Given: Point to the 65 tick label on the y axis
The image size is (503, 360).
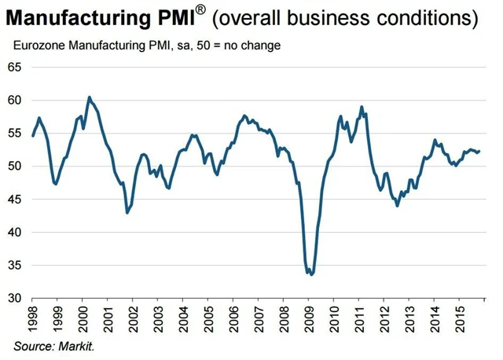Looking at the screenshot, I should click(x=14, y=68).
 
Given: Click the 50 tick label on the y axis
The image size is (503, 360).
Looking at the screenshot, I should click(x=14, y=167).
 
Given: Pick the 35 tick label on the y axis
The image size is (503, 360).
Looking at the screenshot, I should click(x=14, y=266).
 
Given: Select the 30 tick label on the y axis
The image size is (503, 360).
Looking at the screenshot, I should click(x=14, y=299).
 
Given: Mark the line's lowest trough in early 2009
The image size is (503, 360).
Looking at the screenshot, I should click(x=311, y=274).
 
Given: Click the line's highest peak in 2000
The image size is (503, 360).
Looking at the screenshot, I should click(x=89, y=97).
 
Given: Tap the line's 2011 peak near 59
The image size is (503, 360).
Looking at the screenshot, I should click(x=361, y=107).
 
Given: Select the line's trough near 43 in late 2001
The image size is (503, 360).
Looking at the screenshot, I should click(x=127, y=212).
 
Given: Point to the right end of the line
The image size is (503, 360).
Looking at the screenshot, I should click(x=479, y=152).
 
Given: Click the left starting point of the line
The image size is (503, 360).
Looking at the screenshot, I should click(x=32, y=136).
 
